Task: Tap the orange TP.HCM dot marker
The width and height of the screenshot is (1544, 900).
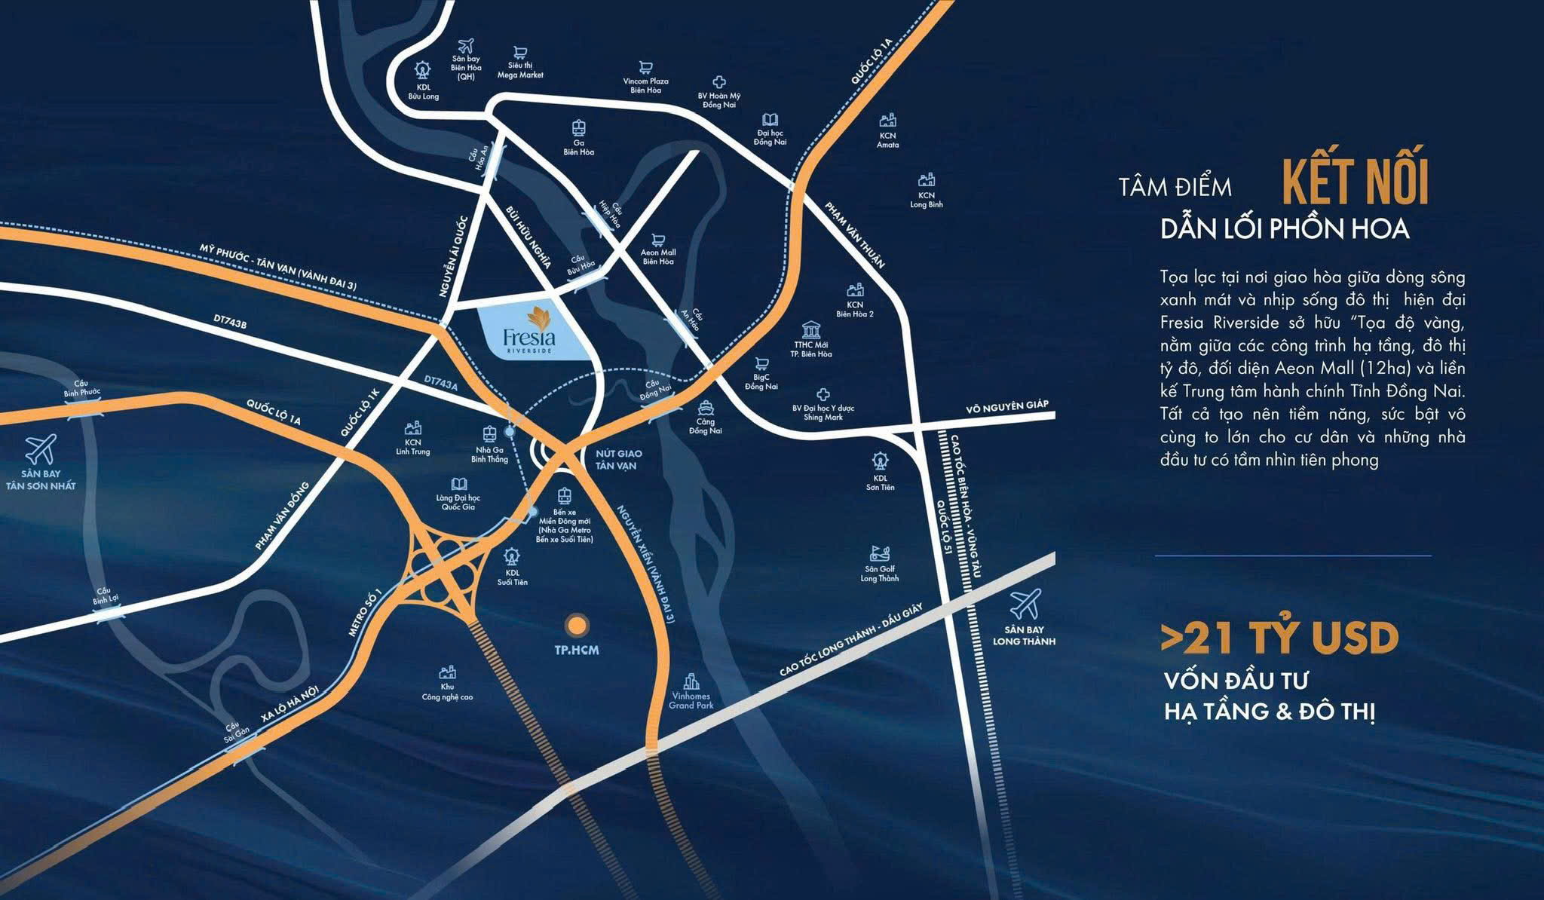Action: pyautogui.click(x=577, y=624)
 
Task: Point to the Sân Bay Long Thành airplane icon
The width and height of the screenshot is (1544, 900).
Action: pyautogui.click(x=1025, y=604)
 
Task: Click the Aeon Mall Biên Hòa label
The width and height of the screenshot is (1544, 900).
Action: pyautogui.click(x=659, y=257)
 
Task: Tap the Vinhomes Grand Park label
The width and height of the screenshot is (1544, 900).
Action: pyautogui.click(x=691, y=701)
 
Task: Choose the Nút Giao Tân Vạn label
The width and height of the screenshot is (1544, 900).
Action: pyautogui.click(x=619, y=459)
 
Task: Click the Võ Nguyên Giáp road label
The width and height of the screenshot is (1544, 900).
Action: pyautogui.click(x=1007, y=407)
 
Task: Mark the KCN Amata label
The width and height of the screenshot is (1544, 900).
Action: pyautogui.click(x=888, y=140)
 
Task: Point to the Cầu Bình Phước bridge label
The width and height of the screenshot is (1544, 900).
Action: pyautogui.click(x=81, y=388)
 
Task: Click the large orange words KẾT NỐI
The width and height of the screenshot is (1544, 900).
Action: pyautogui.click(x=1356, y=181)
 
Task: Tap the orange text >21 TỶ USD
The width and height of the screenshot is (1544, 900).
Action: pyautogui.click(x=1279, y=638)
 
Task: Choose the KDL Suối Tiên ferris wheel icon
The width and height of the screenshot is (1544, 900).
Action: pyautogui.click(x=512, y=556)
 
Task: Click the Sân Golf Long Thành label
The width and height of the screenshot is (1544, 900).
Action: pyautogui.click(x=880, y=574)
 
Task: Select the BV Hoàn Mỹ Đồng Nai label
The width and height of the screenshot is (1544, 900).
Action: pyautogui.click(x=719, y=100)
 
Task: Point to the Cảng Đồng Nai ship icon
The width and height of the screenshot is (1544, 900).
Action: pyautogui.click(x=706, y=408)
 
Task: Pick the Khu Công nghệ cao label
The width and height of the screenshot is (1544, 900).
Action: pyautogui.click(x=447, y=692)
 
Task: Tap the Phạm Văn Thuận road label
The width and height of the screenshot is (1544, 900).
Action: pyautogui.click(x=854, y=235)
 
